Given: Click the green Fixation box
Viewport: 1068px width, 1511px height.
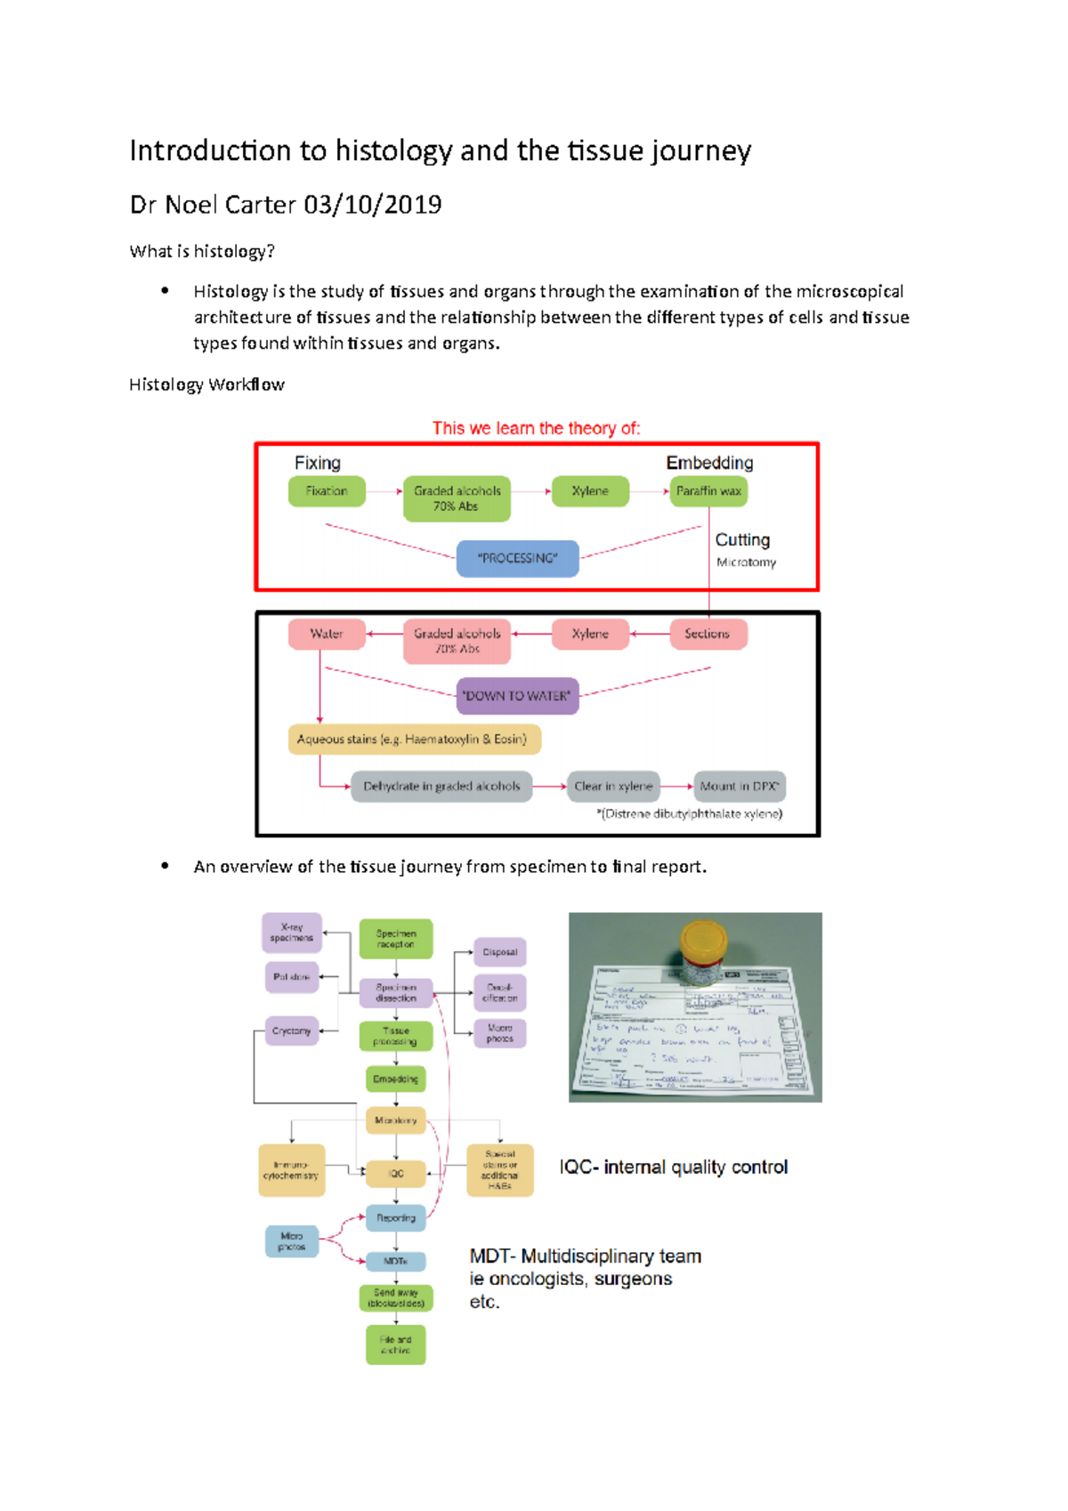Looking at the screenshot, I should (x=327, y=491).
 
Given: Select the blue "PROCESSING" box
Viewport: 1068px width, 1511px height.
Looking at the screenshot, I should (x=517, y=559).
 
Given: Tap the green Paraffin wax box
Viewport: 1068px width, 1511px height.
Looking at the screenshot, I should (x=708, y=491).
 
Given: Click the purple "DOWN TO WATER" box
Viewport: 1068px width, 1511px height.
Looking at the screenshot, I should (x=517, y=696).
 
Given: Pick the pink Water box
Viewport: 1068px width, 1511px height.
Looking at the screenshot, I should (x=326, y=634).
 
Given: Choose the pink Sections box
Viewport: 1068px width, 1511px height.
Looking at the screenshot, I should (x=708, y=634).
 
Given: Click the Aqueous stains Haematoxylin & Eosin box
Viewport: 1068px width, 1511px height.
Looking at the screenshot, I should (x=413, y=739).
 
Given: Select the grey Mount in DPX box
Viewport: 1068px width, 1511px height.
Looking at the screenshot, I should (x=740, y=786).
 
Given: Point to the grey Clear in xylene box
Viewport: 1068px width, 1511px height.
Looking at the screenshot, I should (x=613, y=786).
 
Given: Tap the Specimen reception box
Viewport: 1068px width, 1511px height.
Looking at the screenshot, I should (x=396, y=939).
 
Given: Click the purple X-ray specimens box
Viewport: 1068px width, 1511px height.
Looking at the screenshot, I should (x=292, y=932).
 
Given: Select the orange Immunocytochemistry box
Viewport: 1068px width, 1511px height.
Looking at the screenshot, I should (x=291, y=1170).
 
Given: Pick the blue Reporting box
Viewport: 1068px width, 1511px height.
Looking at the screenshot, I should (x=396, y=1217).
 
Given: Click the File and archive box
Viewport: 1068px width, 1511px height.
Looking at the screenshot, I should (x=396, y=1345).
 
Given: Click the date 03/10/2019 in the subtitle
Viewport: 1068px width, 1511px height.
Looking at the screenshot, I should (x=373, y=205).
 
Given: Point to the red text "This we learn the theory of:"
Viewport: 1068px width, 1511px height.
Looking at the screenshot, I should (x=536, y=428).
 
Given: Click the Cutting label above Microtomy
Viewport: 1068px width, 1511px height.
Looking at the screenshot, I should (x=742, y=540).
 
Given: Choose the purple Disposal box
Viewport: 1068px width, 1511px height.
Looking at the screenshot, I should (x=499, y=952).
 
